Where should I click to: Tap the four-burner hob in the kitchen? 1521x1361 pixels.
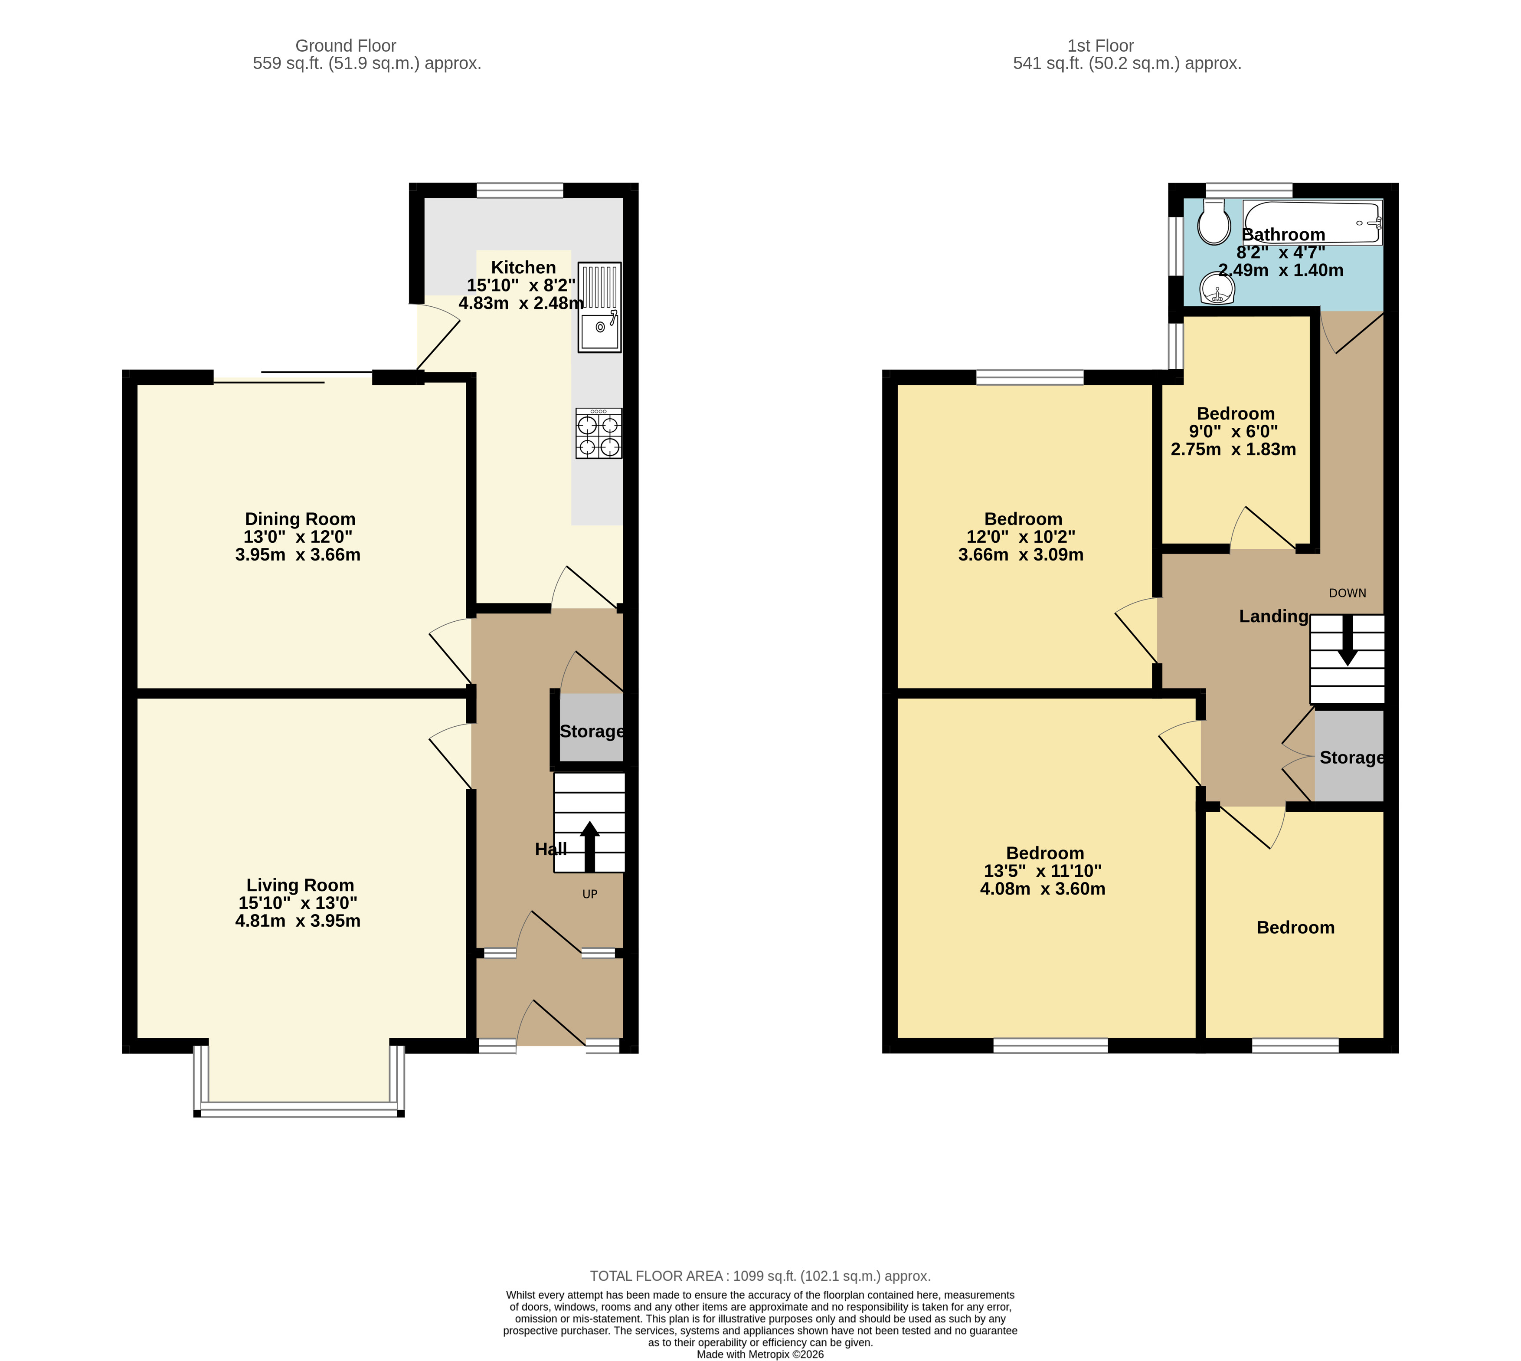(x=599, y=433)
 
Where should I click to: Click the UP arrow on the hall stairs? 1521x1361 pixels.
(x=590, y=846)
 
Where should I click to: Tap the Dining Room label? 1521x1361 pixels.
(x=300, y=519)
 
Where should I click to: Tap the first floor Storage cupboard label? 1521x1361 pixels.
(x=1351, y=758)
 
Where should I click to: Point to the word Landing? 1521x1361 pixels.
(x=1274, y=616)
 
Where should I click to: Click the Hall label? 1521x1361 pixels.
(x=551, y=849)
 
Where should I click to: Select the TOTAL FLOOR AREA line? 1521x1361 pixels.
(x=760, y=1276)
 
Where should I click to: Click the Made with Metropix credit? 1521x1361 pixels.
(x=760, y=1354)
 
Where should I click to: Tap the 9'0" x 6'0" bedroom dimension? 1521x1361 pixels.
(x=1233, y=432)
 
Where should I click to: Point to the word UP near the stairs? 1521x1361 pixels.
(x=590, y=894)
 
